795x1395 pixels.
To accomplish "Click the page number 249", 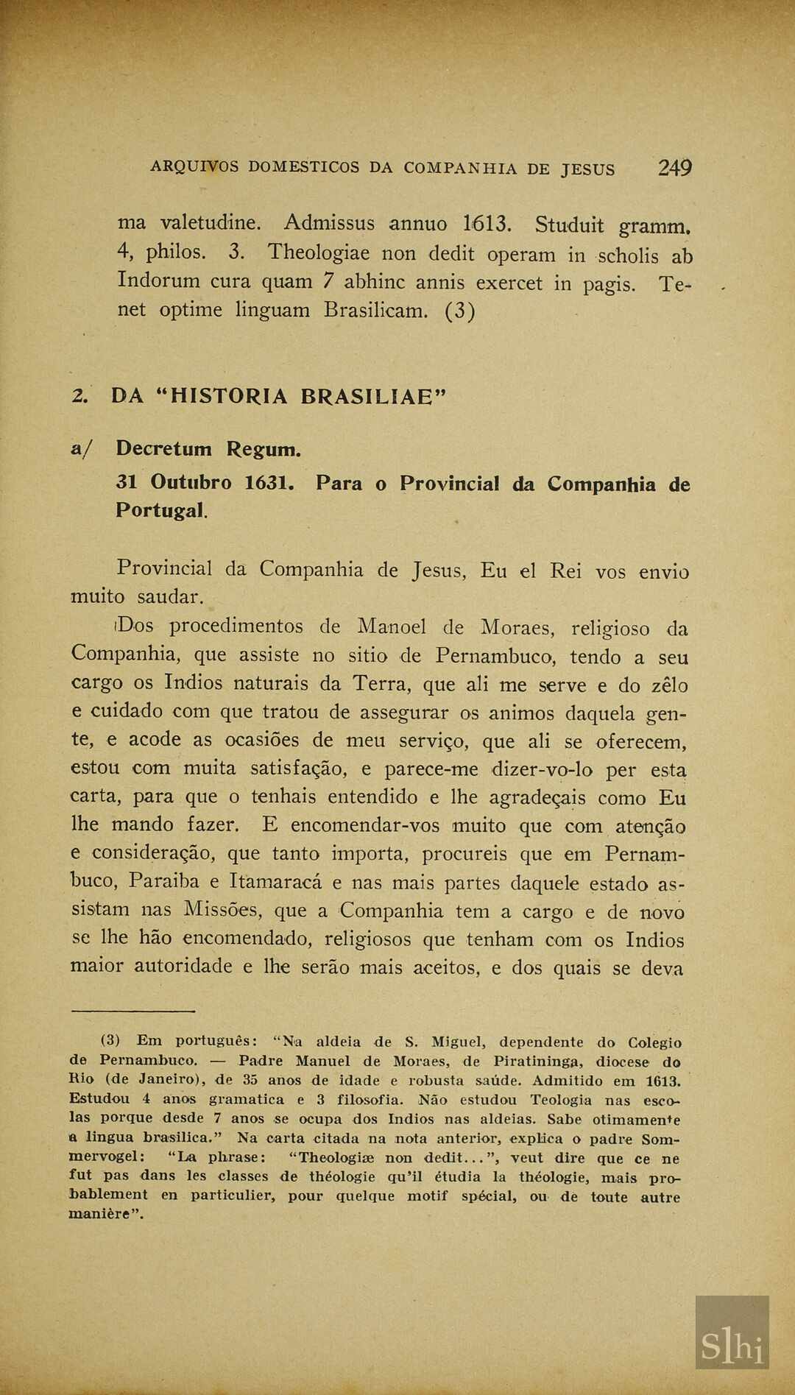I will pos(674,169).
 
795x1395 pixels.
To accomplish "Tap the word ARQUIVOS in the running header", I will pos(194,167).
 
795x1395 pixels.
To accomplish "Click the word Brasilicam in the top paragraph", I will pos(375,310).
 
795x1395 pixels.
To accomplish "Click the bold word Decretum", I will pos(163,448).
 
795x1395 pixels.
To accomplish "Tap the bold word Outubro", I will pos(191,483).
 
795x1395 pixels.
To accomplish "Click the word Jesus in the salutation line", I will pos(439,571).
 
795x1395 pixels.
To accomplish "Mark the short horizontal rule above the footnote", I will pos(132,1011).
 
